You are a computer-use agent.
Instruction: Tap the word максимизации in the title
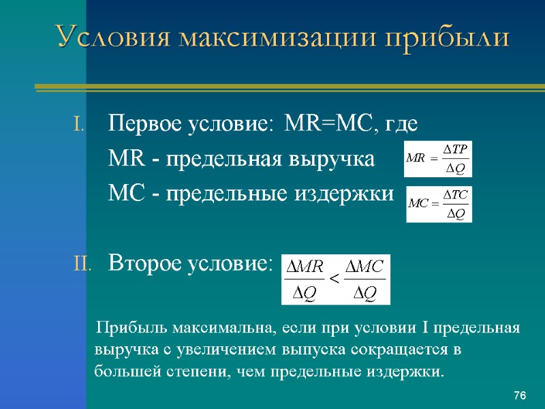click(x=266, y=37)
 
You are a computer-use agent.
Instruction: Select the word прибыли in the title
click(x=439, y=37)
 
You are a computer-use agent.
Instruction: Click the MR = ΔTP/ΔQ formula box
click(x=438, y=158)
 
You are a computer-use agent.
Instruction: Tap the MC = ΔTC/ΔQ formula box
click(x=439, y=204)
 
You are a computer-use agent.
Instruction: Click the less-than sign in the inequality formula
click(x=334, y=279)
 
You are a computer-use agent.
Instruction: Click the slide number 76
click(x=520, y=396)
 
